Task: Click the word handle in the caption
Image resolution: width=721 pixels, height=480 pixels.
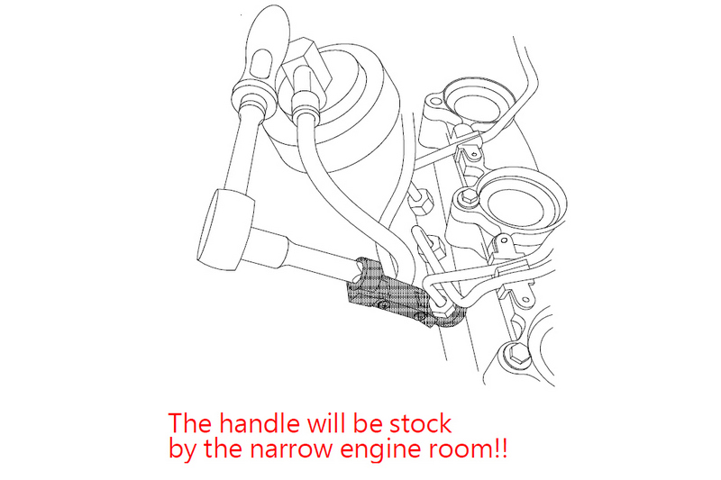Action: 260,423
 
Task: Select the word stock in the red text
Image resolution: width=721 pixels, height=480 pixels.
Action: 420,423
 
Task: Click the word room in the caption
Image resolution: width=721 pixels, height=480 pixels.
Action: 461,448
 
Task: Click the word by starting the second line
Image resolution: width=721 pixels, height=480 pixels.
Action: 182,449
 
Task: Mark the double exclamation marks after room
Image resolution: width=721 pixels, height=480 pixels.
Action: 501,448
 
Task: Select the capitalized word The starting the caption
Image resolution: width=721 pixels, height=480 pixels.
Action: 190,423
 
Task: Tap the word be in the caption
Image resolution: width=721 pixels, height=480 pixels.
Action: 368,423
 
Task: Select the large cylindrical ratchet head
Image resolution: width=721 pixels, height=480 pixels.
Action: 225,230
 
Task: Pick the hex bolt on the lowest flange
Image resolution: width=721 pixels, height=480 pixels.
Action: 516,355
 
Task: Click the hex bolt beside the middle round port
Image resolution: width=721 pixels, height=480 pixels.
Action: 467,198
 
